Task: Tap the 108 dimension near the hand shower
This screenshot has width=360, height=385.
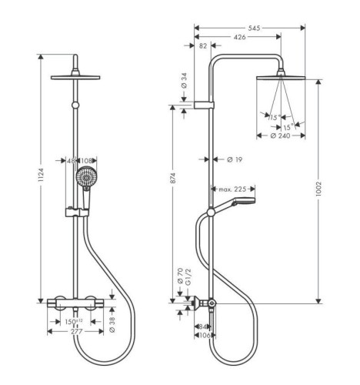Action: (x=87, y=161)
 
